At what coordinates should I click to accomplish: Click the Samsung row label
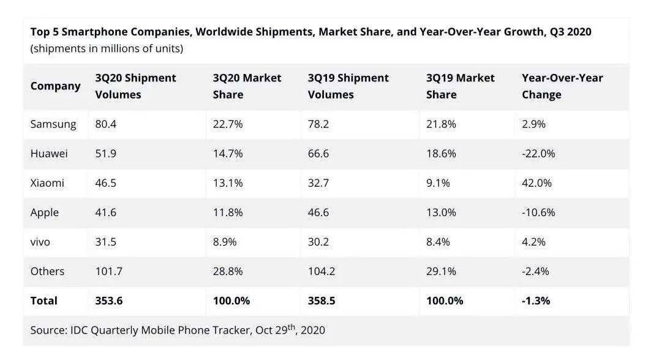coord(53,124)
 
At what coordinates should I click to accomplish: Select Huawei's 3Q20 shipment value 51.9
coord(105,154)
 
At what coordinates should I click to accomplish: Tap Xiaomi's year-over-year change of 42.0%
coord(536,183)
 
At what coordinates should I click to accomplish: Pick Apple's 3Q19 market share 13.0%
coord(441,212)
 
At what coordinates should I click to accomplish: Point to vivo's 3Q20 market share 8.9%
coord(228,242)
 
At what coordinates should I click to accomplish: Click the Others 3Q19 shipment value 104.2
coord(322,271)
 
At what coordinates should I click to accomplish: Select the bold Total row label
coord(44,301)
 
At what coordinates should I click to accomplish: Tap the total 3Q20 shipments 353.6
coord(108,301)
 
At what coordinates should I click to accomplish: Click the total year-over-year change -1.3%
coord(536,301)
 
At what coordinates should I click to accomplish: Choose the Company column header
coord(55,86)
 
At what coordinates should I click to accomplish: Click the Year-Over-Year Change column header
coord(562,86)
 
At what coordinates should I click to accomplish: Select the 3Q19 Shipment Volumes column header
coord(348,86)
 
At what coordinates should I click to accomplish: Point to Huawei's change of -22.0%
coord(538,154)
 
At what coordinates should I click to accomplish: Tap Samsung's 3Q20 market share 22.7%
coord(228,124)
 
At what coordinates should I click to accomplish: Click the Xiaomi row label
coord(47,183)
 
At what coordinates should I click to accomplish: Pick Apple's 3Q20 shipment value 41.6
coord(105,212)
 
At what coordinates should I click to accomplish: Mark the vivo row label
coord(40,242)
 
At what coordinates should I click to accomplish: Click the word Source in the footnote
coord(47,331)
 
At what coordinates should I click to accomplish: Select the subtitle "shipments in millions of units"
coord(107,48)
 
